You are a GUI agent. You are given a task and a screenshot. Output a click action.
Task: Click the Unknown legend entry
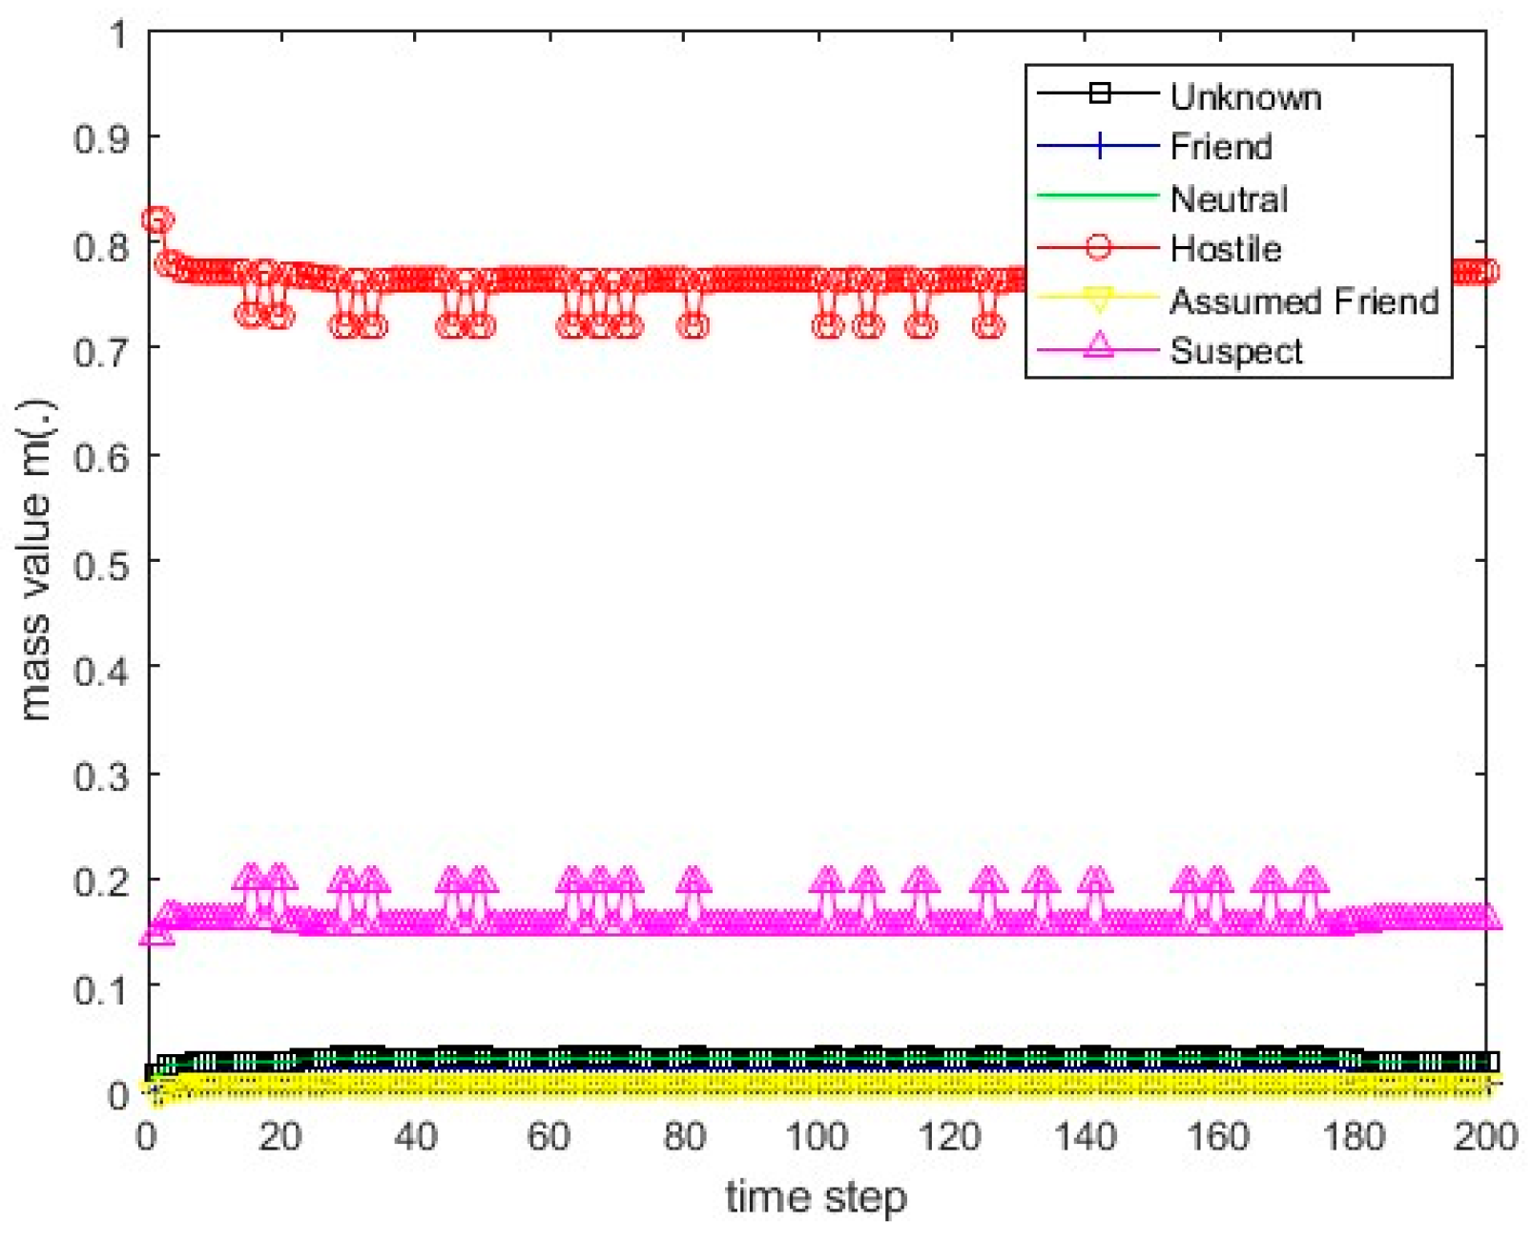[1244, 97]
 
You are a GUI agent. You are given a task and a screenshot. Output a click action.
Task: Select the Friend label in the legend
[1220, 147]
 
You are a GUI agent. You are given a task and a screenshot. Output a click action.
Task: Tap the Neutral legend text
[1228, 198]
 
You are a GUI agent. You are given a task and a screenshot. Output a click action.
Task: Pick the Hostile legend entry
[1225, 249]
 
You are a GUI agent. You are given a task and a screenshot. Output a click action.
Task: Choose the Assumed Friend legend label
[1303, 300]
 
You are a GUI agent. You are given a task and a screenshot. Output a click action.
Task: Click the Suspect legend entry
[1235, 351]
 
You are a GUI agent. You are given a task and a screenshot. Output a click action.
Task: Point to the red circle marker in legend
[1098, 248]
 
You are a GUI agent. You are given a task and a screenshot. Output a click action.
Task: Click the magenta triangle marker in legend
[1098, 345]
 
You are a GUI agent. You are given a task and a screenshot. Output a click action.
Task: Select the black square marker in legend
[1099, 93]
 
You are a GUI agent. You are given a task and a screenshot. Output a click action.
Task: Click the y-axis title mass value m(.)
[35, 561]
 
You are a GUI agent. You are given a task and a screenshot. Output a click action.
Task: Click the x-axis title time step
[816, 1196]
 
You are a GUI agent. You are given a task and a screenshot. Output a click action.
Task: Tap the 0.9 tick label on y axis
[101, 139]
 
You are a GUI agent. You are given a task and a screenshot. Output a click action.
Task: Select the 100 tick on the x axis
[817, 1136]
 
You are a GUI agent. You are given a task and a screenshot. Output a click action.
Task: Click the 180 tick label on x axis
[1352, 1136]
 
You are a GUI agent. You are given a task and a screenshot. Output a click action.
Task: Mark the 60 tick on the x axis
[549, 1136]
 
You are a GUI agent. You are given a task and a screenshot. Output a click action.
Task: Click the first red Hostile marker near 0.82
[155, 220]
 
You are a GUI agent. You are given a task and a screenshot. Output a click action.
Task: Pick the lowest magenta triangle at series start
[156, 933]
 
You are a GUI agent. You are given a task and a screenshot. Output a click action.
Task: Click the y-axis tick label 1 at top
[118, 35]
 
